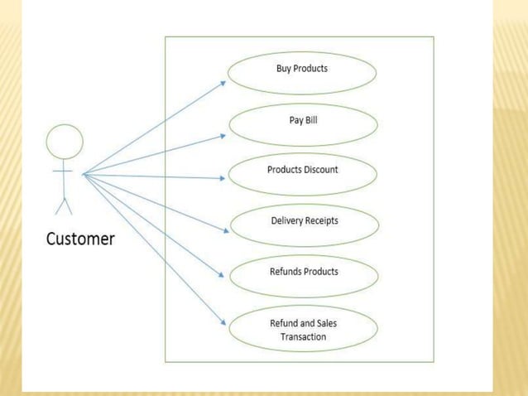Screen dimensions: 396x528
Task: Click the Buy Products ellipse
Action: pos(301,72)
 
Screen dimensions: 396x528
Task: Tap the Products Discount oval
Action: pos(303,174)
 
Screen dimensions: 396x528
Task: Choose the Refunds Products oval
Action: pos(303,275)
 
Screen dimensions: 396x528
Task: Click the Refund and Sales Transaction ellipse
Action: pos(303,329)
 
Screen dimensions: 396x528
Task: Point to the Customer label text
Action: pos(80,239)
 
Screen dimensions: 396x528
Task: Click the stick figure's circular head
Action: pos(65,142)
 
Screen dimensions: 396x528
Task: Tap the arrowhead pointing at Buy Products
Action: pos(223,82)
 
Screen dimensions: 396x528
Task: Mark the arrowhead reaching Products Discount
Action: pos(223,177)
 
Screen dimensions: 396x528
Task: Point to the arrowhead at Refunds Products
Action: pos(223,278)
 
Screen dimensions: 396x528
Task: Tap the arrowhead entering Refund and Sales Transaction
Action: pos(223,324)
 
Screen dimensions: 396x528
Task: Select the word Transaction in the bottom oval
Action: pos(303,336)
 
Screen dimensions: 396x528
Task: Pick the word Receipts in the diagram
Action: pos(320,221)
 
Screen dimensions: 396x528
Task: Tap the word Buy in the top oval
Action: pos(284,68)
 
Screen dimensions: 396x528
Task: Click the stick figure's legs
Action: pos(64,204)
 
